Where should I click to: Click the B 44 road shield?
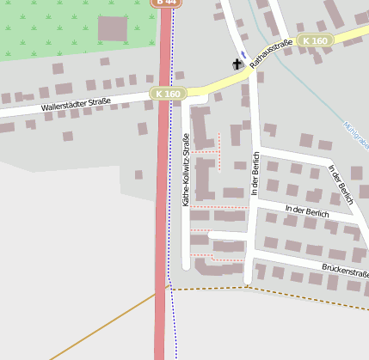click(166, 3)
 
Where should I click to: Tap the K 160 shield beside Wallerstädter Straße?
click(168, 93)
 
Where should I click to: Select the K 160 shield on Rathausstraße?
click(316, 40)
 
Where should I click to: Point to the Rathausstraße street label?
click(270, 53)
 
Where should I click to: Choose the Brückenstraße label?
click(344, 271)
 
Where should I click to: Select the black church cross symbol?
click(237, 64)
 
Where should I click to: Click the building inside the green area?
click(112, 29)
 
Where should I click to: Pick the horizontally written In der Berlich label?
click(306, 211)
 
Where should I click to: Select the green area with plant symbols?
click(52, 26)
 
